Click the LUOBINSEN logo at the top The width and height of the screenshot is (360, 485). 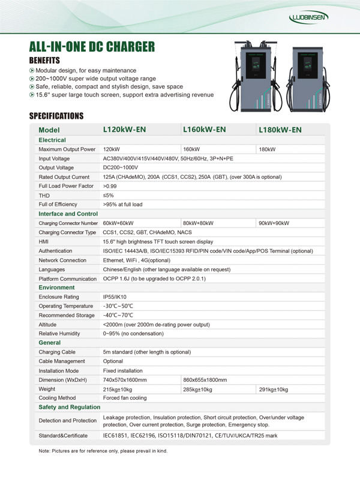(308, 18)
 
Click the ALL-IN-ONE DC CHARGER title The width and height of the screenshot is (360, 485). (92, 47)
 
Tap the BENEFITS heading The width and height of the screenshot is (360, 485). (44, 61)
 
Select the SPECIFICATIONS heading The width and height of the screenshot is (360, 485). (56, 116)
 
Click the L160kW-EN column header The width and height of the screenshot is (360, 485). (204, 129)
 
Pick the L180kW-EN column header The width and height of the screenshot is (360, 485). (280, 130)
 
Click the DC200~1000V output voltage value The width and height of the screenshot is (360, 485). (121, 167)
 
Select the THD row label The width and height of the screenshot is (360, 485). (44, 195)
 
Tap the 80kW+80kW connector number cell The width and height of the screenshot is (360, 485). (198, 223)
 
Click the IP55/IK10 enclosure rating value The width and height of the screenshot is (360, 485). (115, 297)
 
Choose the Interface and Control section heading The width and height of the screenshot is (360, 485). (68, 214)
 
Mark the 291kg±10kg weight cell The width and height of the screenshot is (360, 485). (273, 390)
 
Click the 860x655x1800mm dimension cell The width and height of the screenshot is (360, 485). (205, 380)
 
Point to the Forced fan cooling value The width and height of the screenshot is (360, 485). (125, 398)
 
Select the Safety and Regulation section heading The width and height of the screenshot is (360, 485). (69, 408)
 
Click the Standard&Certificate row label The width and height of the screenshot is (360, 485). (63, 435)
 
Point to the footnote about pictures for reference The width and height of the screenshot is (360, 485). (103, 451)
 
